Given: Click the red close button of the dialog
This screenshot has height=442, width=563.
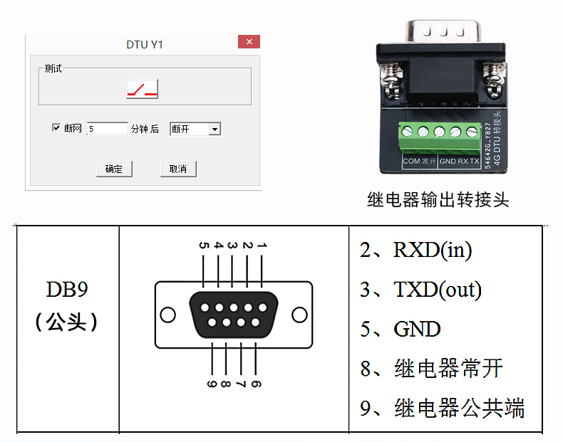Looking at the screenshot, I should [x=249, y=42].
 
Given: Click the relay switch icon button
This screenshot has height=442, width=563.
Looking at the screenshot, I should [x=142, y=88].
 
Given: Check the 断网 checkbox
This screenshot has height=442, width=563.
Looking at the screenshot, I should [x=57, y=128].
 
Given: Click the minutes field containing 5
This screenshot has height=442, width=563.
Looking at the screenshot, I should [x=108, y=129].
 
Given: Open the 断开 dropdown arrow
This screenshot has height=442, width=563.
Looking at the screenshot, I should [x=215, y=129].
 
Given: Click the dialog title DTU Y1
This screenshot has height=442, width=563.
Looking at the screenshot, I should [x=145, y=44].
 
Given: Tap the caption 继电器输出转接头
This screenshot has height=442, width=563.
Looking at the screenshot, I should [x=438, y=199].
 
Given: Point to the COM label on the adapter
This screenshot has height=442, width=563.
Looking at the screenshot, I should [x=411, y=162].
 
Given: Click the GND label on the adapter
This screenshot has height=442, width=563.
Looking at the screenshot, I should [x=448, y=162].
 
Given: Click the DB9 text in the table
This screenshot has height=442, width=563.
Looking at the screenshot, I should [x=68, y=290].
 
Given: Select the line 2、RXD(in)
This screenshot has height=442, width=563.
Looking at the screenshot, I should [x=416, y=250].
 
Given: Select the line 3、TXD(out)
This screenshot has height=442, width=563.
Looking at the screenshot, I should [x=421, y=290].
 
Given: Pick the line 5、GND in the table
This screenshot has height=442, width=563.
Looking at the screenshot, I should [x=401, y=329].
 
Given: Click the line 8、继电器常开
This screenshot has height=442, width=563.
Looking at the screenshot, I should [x=432, y=368].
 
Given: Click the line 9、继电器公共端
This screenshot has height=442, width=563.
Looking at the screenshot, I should [x=443, y=408].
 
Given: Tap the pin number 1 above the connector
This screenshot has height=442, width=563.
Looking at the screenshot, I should [x=262, y=245].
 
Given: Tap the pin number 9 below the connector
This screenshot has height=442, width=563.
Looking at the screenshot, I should [x=212, y=384].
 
